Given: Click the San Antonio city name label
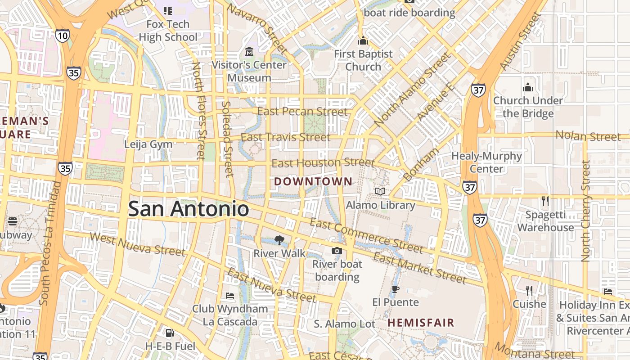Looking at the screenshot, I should pos(188,209).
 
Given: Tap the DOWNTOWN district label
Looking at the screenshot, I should pos(313,182).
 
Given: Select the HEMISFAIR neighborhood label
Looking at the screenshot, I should pos(421,323).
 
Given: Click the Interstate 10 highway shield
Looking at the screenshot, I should pos(63,36).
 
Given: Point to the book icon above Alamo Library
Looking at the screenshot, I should pos(380,192).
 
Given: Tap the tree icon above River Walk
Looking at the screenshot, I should pos(279,240).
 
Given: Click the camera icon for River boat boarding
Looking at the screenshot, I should pos(337,251).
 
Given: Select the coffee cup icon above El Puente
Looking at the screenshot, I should pos(395,289).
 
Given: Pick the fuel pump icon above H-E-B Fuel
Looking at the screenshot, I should pos(170,333).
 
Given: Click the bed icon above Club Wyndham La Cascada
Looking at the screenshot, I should pos(229,296).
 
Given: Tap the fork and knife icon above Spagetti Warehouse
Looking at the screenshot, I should pos(545,201).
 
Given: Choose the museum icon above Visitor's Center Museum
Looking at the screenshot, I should pos(249,52).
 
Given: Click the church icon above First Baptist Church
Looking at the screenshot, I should pos(363,41).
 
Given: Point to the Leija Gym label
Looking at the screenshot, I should pos(148,144).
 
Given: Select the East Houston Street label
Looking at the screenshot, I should pos(323,162).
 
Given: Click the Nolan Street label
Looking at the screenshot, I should pos(588,135).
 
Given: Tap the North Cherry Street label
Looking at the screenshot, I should pos(585,211).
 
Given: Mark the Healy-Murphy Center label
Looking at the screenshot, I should pos(486,162).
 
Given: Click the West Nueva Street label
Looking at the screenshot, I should pos(137,244).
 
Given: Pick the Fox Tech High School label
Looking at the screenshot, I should pos(168,31).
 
